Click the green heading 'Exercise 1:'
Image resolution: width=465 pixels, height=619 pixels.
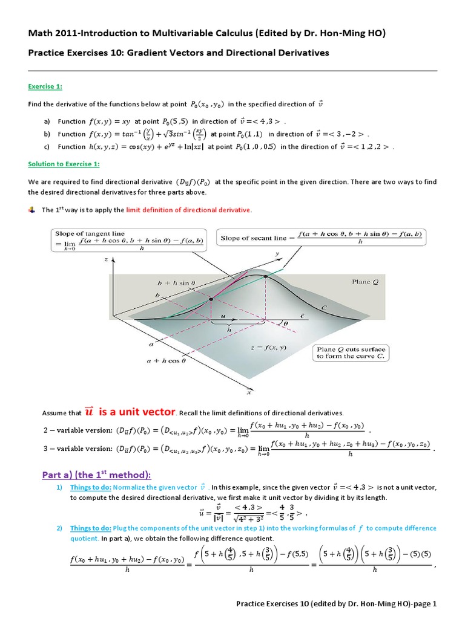(x=45, y=86)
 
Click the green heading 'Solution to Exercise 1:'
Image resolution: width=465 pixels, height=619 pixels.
(x=64, y=164)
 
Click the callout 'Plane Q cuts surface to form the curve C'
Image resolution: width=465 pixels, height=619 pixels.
(x=352, y=353)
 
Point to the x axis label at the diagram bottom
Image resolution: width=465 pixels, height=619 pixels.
(x=232, y=392)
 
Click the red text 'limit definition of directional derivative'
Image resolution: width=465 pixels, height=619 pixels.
(x=188, y=210)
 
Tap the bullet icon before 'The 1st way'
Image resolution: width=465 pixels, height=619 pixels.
(x=31, y=210)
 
